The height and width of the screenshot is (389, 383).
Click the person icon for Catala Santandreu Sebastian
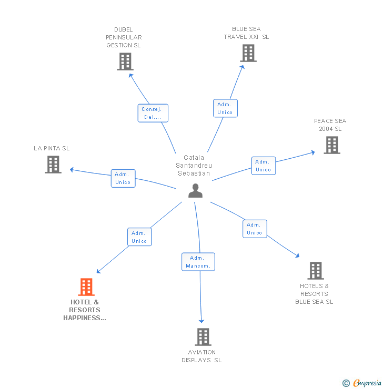click(195, 191)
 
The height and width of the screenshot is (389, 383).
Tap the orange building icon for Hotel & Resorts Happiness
click(86, 287)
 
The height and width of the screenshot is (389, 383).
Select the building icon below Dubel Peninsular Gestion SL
click(125, 62)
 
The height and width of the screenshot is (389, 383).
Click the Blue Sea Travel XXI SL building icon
click(248, 53)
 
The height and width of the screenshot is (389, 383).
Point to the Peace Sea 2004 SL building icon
click(331, 145)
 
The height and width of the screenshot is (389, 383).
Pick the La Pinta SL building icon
click(53, 165)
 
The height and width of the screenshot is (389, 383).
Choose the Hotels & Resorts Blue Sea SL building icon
click(315, 271)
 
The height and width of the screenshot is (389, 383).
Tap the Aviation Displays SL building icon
click(203, 337)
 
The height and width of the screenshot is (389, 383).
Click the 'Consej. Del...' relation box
click(153, 113)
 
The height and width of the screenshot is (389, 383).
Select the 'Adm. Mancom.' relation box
click(198, 262)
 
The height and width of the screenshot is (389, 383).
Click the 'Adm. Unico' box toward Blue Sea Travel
click(225, 108)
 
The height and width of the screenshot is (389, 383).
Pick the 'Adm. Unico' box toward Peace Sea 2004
click(263, 166)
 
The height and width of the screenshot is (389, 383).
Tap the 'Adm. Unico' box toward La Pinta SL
click(123, 178)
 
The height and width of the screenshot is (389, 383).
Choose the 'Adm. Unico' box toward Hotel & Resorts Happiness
click(139, 237)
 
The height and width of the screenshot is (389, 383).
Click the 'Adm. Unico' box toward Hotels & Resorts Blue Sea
click(255, 229)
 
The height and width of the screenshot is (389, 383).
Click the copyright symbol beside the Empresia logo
click(346, 383)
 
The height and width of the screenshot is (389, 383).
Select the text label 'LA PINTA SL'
click(52, 148)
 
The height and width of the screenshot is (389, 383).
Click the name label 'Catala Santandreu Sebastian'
click(194, 165)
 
